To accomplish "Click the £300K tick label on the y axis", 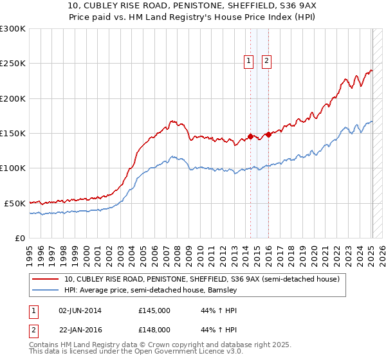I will (x=13, y=29).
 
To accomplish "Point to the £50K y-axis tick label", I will (x=15, y=203).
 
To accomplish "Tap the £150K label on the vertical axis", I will (x=13, y=134).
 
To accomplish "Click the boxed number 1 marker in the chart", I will (x=249, y=61).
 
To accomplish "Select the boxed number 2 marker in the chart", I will (x=266, y=61).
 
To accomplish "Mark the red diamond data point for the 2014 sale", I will (x=250, y=137).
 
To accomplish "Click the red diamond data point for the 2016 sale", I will (x=268, y=135).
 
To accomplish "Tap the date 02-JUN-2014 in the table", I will (x=80, y=310).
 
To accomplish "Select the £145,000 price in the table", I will (x=154, y=310).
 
